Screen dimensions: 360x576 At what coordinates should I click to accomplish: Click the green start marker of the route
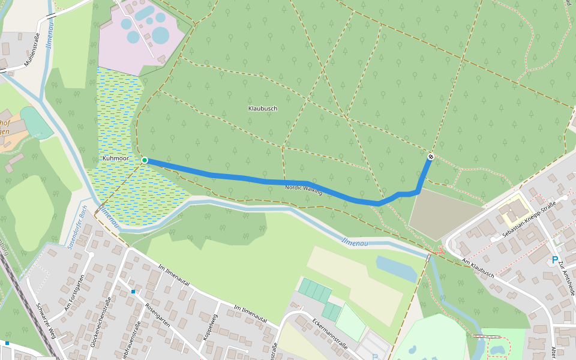145,160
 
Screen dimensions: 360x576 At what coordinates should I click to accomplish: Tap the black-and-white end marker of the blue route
430,157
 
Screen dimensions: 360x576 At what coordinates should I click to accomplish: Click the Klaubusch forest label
263,109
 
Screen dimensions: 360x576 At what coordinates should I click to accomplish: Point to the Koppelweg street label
209,328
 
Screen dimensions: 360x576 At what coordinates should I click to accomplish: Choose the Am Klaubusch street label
478,268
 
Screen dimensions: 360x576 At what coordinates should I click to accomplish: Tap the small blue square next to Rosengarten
133,292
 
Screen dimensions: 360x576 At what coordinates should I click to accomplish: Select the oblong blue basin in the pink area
144,12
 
